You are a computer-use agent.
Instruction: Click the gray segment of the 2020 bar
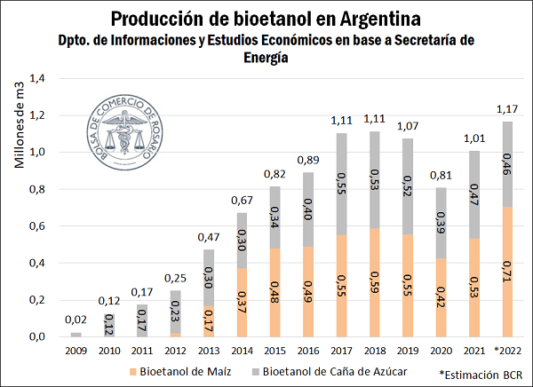[442, 223]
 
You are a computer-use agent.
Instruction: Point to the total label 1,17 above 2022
[505, 110]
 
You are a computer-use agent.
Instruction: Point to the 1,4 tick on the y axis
[37, 79]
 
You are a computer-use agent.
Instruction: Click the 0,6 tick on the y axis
[37, 226]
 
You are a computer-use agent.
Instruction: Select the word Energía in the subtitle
[266, 57]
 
